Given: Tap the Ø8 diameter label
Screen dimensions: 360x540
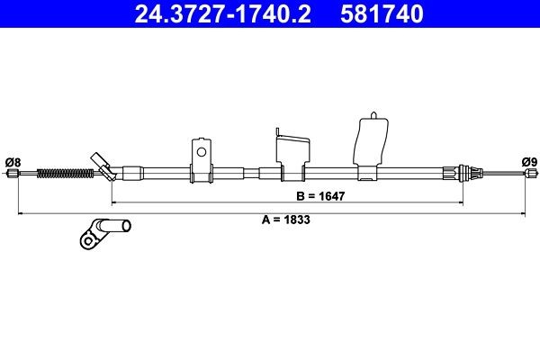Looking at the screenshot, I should pos(13,162).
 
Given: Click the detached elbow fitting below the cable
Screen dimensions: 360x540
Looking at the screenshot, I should pos(105,229).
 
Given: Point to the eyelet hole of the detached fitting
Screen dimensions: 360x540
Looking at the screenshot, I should pos(88,239).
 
